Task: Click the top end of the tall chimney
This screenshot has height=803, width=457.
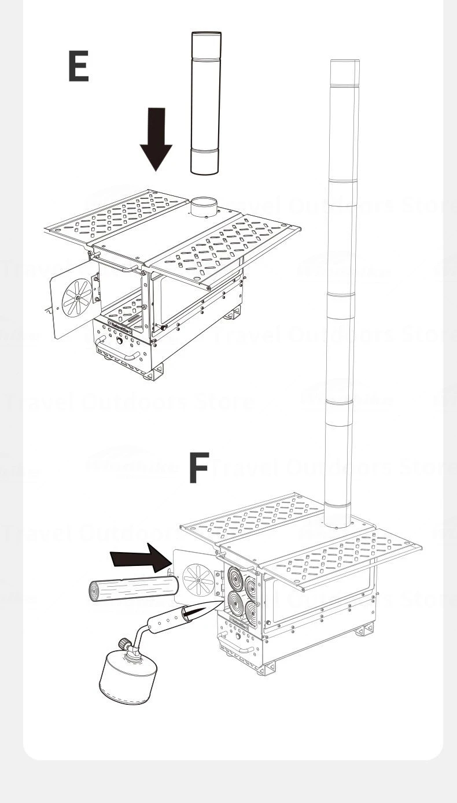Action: [344, 64]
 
